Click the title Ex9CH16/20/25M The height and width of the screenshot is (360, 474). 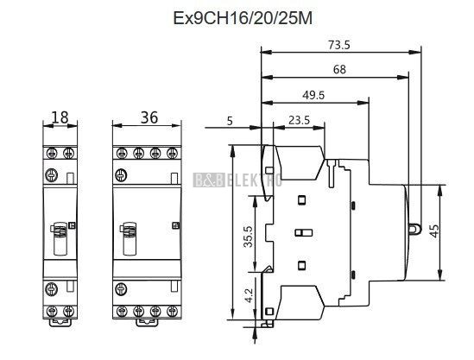(243, 18)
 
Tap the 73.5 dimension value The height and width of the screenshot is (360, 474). (338, 45)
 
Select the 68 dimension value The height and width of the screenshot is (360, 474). (339, 70)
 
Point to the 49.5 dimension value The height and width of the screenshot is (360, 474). (313, 95)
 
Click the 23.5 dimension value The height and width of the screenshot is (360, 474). (300, 120)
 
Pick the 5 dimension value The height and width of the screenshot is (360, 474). (230, 121)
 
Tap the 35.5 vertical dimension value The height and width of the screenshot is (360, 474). (249, 237)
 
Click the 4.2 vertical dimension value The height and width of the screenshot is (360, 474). (249, 295)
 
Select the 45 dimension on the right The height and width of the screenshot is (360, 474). (434, 231)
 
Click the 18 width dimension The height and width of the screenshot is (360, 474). (60, 117)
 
